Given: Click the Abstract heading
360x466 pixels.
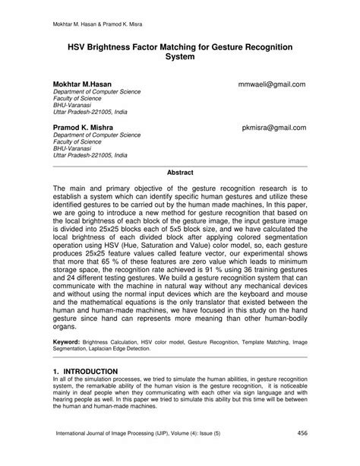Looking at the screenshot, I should pos(179,173).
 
